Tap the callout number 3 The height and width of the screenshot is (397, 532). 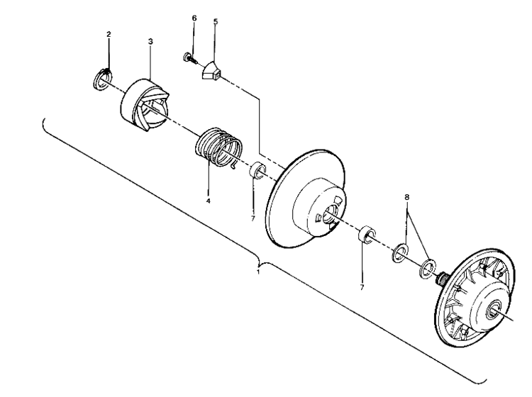pos(150,43)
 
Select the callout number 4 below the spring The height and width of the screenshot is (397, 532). pos(209,201)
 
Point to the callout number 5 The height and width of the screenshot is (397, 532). pos(216,21)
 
